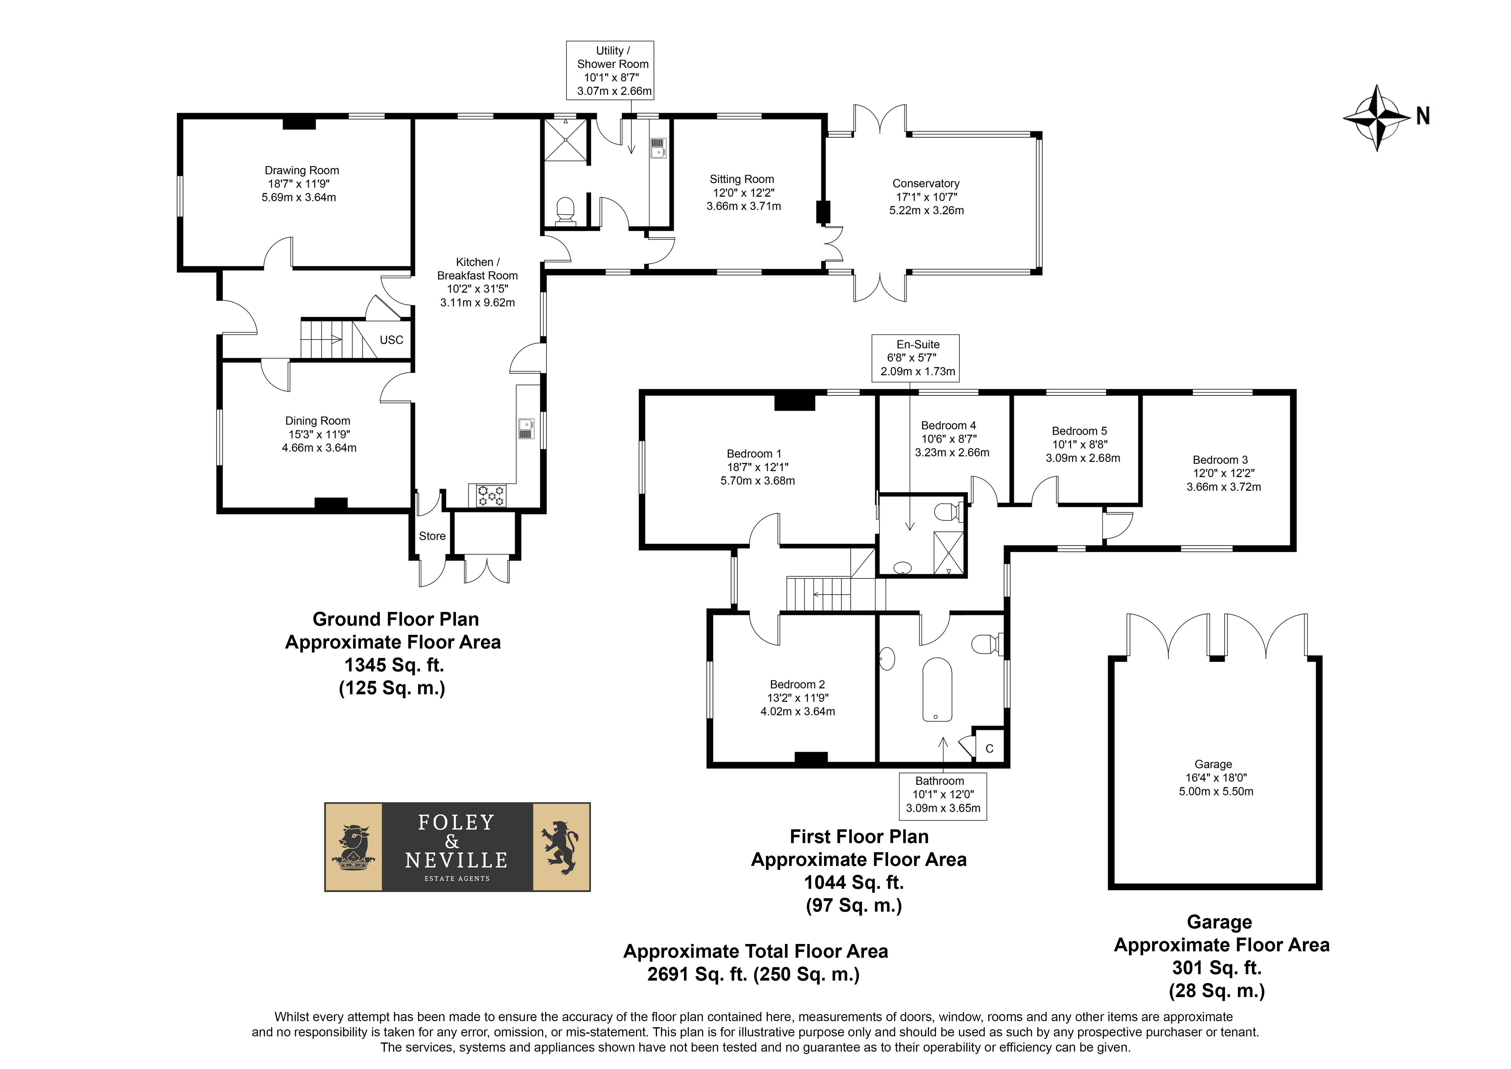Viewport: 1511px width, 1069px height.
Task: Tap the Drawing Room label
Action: click(x=302, y=170)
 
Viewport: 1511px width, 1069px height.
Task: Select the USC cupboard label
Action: click(x=392, y=340)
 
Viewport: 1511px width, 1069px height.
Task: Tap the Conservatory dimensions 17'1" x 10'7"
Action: click(x=926, y=197)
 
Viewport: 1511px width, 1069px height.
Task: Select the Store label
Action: click(x=432, y=536)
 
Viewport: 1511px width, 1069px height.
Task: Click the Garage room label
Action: click(x=1214, y=764)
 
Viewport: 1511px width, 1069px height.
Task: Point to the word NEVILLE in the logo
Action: click(x=457, y=860)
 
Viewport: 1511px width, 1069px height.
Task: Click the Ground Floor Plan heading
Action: click(x=396, y=619)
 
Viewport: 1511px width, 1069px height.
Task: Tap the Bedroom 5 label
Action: click(x=1079, y=431)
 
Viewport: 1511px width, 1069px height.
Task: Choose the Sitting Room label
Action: click(x=742, y=179)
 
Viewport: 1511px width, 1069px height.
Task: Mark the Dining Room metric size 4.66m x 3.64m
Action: click(x=319, y=448)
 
